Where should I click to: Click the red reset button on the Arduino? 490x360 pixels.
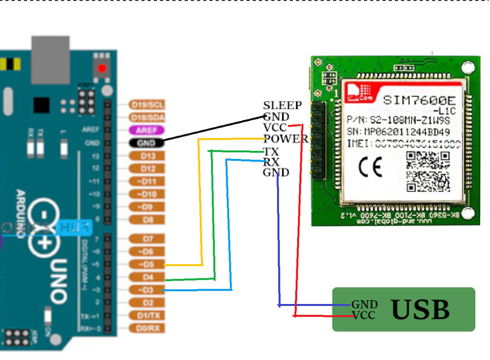(101, 68)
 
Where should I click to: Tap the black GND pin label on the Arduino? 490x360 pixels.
(145, 142)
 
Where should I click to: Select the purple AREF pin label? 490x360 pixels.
(146, 130)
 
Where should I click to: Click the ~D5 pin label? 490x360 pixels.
(147, 264)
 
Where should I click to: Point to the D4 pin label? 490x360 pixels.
(147, 277)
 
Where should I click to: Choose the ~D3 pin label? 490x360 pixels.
(146, 290)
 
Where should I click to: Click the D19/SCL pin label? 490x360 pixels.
(147, 104)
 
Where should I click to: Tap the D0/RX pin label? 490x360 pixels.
(147, 328)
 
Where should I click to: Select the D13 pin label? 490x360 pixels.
(147, 156)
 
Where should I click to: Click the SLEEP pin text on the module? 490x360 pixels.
(282, 105)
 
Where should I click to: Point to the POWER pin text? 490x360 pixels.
(286, 139)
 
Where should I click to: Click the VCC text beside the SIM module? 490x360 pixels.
(275, 128)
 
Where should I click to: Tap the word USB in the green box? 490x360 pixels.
(421, 310)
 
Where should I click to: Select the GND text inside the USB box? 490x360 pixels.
(364, 304)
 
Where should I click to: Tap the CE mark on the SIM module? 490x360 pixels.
(370, 167)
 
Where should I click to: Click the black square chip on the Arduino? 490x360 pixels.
(41, 104)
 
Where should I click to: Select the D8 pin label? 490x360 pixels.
(147, 220)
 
